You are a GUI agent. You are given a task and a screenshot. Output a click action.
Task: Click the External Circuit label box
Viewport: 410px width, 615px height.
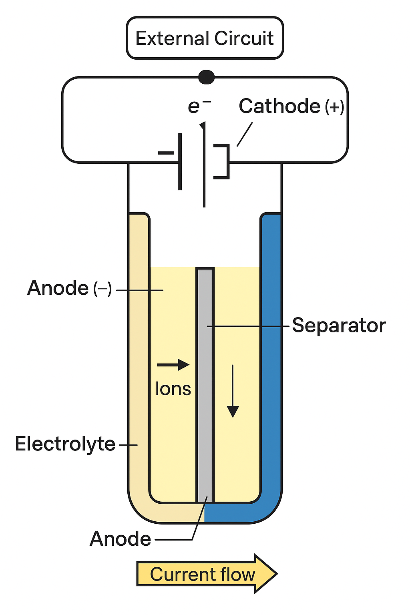[x=205, y=38]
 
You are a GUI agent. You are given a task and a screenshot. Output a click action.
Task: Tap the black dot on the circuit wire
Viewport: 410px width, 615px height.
[x=206, y=77]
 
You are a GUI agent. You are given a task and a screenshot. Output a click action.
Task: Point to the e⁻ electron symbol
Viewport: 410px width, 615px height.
[x=199, y=106]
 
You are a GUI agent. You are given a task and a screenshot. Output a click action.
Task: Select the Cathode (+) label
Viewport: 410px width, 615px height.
[x=291, y=106]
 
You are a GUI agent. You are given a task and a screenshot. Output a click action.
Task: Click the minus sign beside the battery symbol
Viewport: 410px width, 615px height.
[x=166, y=153]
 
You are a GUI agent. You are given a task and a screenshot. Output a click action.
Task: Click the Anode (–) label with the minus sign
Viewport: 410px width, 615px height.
[x=70, y=288]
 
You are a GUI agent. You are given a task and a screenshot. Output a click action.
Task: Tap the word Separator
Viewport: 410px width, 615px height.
[x=339, y=326]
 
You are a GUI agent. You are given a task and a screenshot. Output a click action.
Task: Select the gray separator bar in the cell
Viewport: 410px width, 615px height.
[x=205, y=385]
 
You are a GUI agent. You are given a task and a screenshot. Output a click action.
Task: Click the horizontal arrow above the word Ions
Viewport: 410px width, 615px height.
[x=173, y=365]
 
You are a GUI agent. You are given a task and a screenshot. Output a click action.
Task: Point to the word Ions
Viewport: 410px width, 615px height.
[x=173, y=389]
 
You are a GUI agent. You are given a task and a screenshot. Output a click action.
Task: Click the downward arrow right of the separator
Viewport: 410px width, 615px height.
[x=233, y=391]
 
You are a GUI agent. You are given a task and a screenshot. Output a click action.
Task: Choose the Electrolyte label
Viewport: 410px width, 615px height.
[x=65, y=444]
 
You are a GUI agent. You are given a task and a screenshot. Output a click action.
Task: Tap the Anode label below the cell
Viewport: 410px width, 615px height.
[x=120, y=539]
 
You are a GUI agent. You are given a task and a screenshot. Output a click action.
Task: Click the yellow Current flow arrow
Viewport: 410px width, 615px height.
[x=207, y=574]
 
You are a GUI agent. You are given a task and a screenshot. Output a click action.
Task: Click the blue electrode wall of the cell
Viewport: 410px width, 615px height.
[x=271, y=357]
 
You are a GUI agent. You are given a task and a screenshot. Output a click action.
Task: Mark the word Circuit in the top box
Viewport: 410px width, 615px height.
[x=244, y=38]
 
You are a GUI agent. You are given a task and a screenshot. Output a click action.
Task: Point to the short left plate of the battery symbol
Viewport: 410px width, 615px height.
[x=180, y=161]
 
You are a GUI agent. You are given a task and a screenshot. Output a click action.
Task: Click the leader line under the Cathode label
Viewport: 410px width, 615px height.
[x=244, y=134]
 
